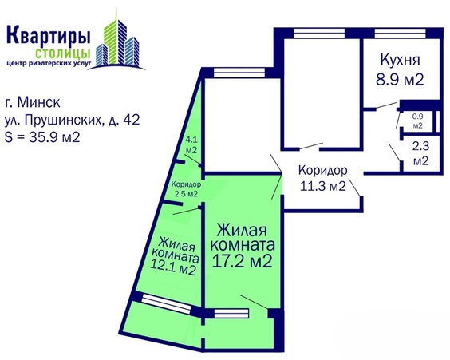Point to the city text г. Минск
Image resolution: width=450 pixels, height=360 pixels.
37,103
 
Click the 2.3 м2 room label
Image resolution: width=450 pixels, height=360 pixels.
420,153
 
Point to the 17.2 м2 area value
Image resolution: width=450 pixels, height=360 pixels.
245,259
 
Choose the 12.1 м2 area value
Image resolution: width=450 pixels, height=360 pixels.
176,269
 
